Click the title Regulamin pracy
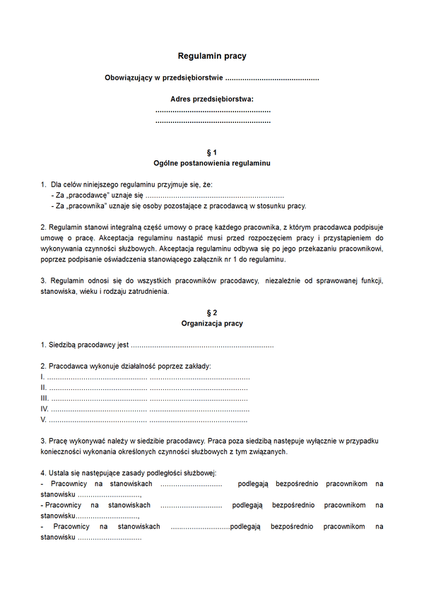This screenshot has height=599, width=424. pyautogui.click(x=212, y=56)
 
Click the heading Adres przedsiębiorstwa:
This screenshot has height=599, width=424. pyautogui.click(x=212, y=100)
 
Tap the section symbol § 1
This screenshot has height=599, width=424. pyautogui.click(x=212, y=153)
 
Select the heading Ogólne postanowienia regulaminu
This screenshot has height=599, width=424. pyautogui.click(x=212, y=163)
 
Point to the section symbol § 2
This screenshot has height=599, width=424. pyautogui.click(x=212, y=312)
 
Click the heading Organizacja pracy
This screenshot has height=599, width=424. pyautogui.click(x=212, y=324)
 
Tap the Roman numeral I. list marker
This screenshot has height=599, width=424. pyautogui.click(x=43, y=377)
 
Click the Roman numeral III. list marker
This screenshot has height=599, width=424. pyautogui.click(x=45, y=398)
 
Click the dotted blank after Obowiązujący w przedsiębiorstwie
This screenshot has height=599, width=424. pyautogui.click(x=271, y=77)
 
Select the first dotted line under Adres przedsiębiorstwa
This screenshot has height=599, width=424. pyautogui.click(x=212, y=111)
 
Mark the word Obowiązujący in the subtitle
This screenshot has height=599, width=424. pyautogui.click(x=128, y=77)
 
